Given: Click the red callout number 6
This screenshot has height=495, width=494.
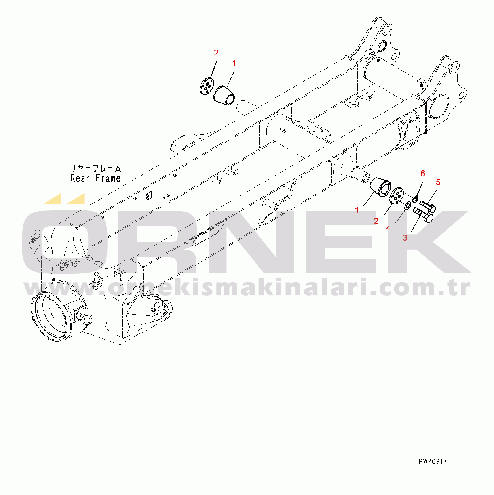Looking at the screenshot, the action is pos(422,174).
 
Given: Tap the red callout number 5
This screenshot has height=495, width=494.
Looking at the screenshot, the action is pos(438,182).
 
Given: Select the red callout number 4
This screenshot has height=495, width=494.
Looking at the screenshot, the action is pos(388,228).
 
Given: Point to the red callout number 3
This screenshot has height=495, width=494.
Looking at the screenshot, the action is pos(405,238).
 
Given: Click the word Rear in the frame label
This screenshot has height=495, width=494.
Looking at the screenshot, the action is pos(80,178).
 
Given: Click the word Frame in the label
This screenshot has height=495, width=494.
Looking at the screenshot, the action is pos(108,178).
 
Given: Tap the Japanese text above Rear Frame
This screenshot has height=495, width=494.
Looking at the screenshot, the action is pos(96,168).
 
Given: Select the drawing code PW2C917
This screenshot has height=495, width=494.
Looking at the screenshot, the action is pos(432,461).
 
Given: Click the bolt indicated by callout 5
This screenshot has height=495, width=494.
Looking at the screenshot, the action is pos(427,206).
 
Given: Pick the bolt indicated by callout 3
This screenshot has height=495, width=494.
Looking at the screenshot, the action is pos(423,215).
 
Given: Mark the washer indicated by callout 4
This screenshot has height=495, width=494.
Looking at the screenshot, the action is pos(407,205).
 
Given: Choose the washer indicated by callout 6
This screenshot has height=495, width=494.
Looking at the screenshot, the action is pos(416,198).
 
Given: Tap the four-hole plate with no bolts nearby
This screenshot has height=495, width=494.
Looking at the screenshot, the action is pos(206,87).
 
